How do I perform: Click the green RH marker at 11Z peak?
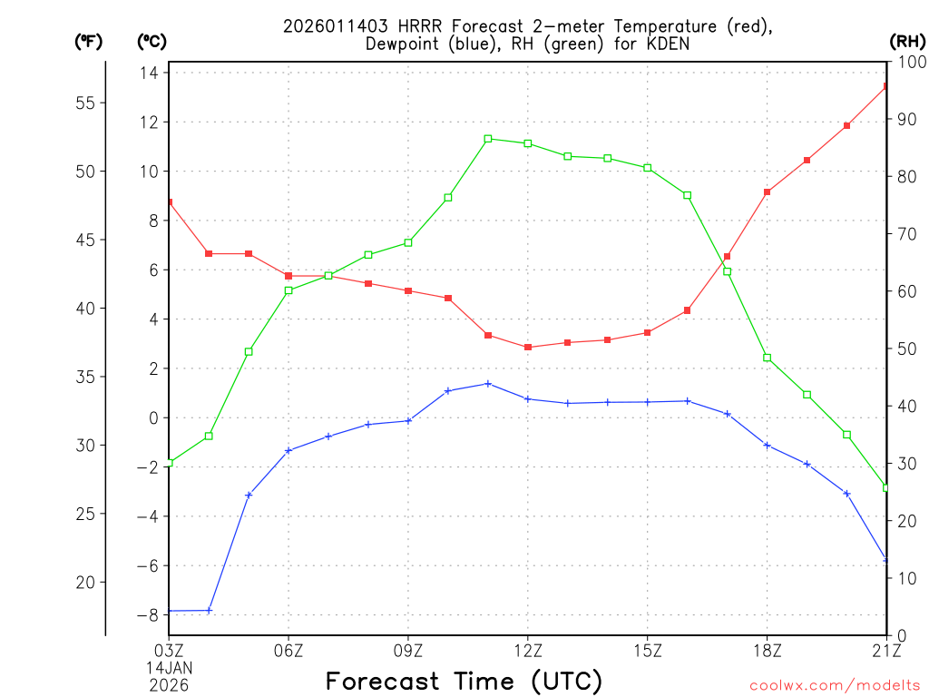coord(488,139)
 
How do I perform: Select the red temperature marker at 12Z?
coord(528,348)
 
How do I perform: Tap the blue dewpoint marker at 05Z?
coord(249,495)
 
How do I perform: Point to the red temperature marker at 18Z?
coord(767,192)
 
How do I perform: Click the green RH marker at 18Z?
coord(767,358)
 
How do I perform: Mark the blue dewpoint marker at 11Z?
coord(488,384)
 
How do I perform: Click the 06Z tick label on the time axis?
coord(288,649)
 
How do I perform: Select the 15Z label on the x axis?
coord(647,649)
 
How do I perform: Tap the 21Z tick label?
coord(885,649)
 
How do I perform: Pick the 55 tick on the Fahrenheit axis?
coord(86,103)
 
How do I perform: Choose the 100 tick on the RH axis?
coord(908,62)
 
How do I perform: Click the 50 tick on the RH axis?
coord(905,348)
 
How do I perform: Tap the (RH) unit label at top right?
coord(906,41)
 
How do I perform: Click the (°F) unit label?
coord(88,41)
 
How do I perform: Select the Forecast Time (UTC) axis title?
coord(464,681)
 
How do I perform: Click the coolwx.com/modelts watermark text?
coord(835,685)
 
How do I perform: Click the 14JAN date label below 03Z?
coord(170,666)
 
